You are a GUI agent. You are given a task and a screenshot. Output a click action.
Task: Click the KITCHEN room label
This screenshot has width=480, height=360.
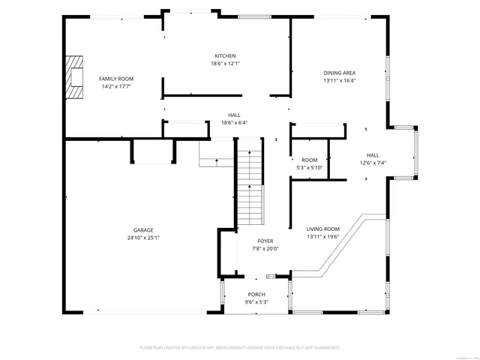225,56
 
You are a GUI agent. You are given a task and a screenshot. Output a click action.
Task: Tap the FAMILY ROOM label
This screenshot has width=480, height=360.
116,79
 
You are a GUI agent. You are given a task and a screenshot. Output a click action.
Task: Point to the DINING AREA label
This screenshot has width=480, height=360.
339,73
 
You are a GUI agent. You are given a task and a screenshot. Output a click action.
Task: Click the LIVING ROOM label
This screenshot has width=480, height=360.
322,229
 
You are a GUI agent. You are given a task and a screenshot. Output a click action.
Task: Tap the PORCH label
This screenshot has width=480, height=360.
256,294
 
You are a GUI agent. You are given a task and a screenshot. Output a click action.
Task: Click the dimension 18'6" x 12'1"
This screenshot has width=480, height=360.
225,64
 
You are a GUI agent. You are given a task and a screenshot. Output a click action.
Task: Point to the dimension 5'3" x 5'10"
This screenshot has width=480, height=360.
309,167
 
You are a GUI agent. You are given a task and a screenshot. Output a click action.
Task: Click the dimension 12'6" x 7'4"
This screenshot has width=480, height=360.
373,163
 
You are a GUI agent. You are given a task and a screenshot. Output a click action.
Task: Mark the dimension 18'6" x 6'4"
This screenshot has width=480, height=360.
234,122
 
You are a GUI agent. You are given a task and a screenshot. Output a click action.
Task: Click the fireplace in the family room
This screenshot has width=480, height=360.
75,78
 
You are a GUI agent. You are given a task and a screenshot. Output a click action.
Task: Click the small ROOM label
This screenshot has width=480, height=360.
309,160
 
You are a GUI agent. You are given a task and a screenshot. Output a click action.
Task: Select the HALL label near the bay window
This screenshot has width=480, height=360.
373,155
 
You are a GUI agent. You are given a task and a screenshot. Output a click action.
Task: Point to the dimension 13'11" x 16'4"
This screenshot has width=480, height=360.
339,80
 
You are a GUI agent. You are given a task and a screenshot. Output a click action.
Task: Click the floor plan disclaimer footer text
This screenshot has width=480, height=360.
240,348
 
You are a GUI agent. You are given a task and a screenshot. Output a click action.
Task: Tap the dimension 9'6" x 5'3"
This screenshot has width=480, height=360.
256,301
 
